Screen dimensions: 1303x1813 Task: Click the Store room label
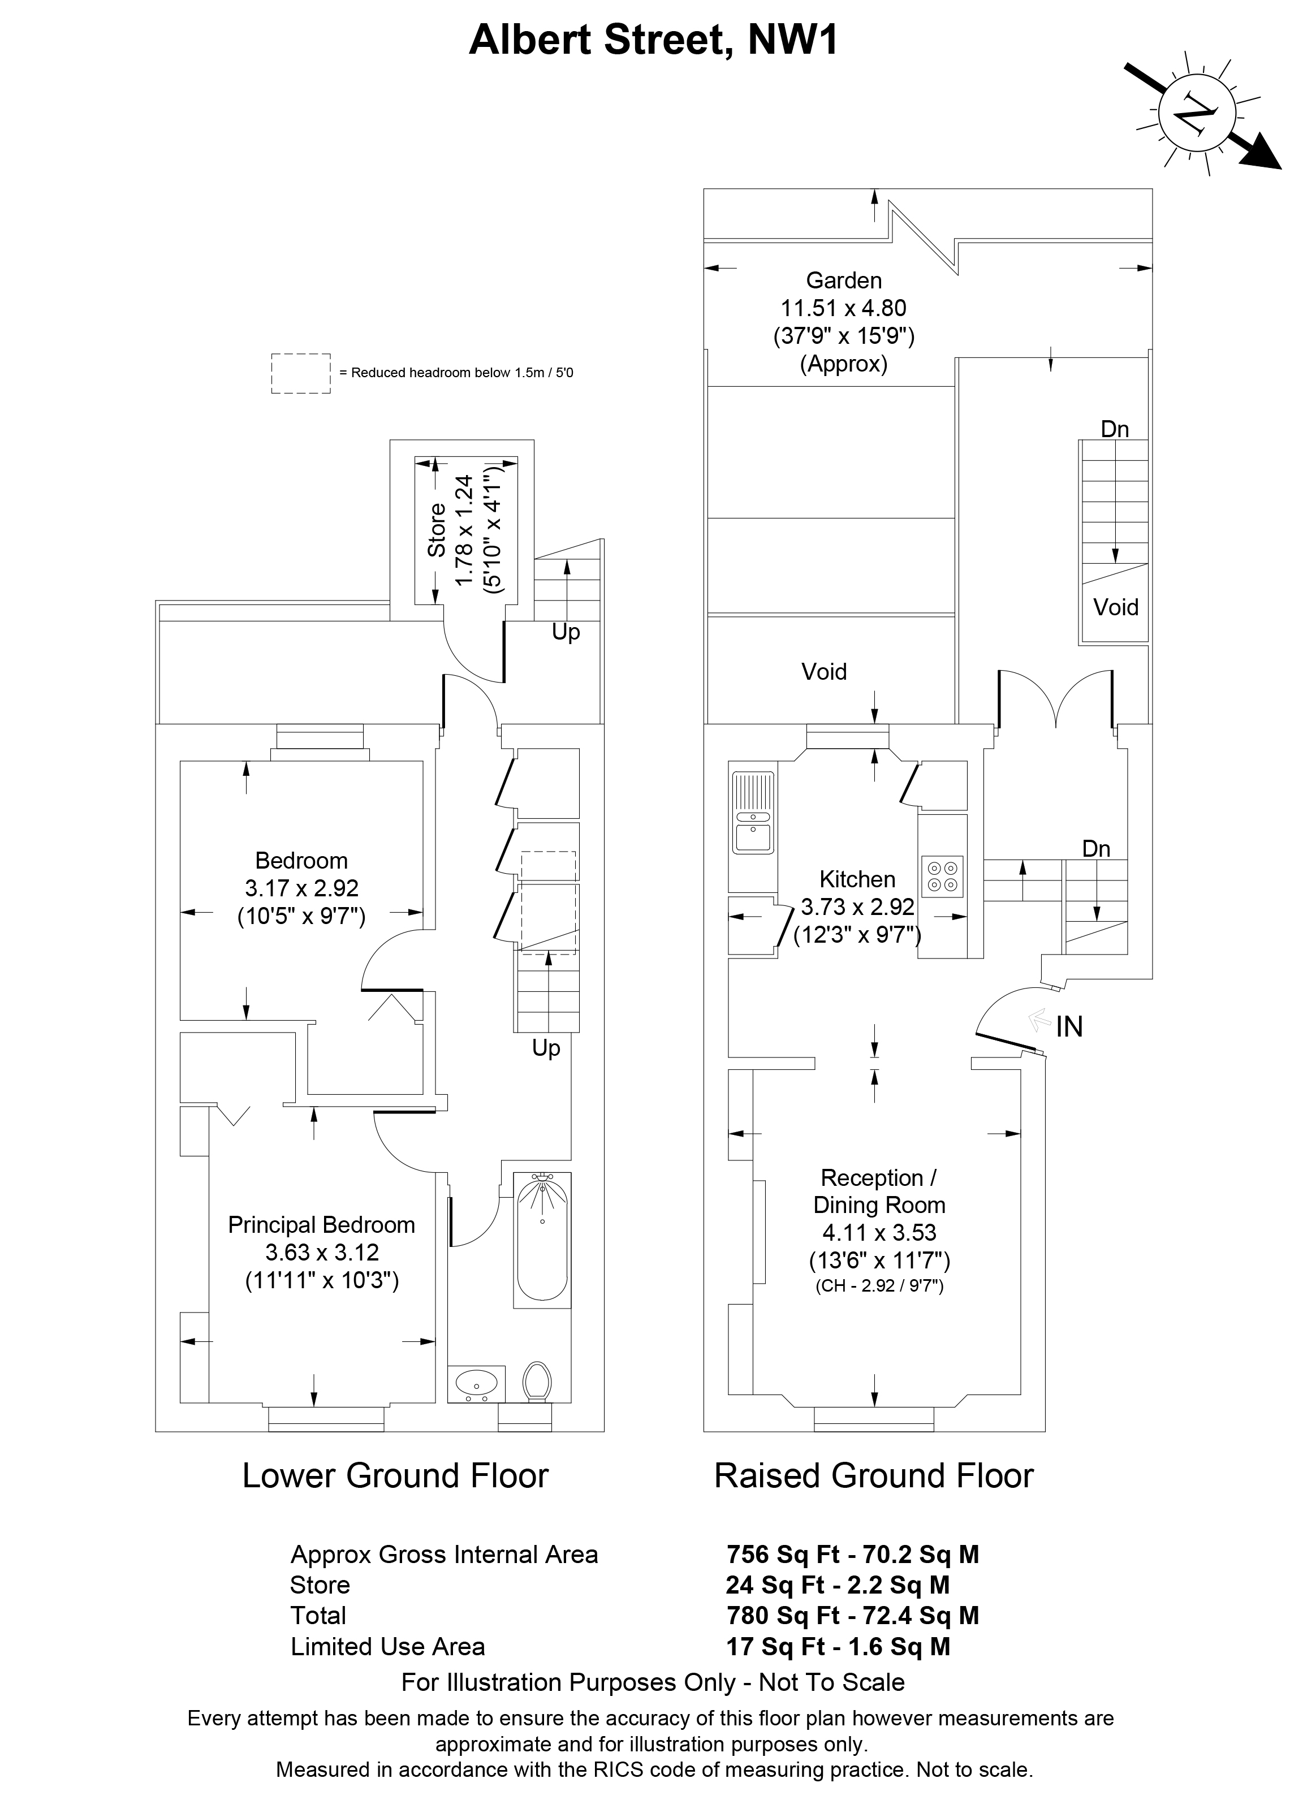(x=437, y=529)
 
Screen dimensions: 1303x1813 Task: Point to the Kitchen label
(x=857, y=879)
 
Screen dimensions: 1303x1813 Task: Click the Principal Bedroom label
(x=321, y=1225)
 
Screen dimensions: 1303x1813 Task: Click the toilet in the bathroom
(x=537, y=1382)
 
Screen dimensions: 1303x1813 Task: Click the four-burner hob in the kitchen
(x=943, y=876)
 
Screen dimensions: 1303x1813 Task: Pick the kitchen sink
(x=752, y=812)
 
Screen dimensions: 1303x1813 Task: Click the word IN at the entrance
(x=1069, y=1026)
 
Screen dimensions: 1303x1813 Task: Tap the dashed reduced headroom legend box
(x=300, y=373)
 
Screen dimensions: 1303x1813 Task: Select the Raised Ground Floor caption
(x=874, y=1475)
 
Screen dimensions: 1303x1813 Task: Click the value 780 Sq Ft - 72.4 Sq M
(x=852, y=1616)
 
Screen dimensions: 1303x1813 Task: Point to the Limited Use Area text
(x=388, y=1647)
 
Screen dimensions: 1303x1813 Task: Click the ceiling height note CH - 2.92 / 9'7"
(x=879, y=1286)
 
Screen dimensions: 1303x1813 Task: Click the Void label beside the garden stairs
(x=1115, y=607)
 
